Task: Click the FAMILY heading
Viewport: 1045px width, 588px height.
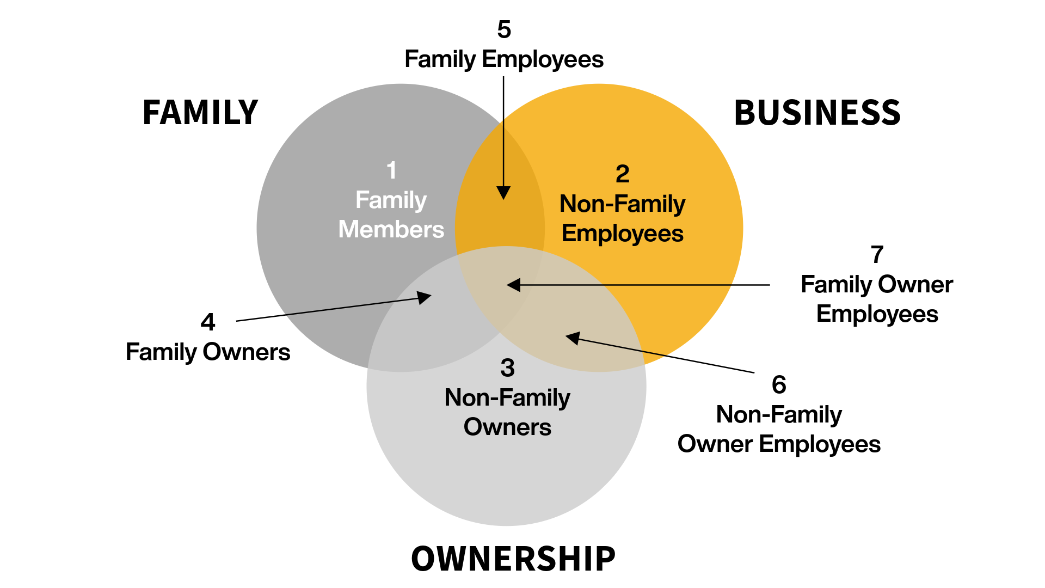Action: click(x=200, y=113)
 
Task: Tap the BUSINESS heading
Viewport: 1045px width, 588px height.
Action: click(x=817, y=113)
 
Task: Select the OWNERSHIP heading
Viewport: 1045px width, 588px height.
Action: click(x=513, y=559)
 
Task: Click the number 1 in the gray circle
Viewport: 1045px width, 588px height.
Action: click(x=391, y=170)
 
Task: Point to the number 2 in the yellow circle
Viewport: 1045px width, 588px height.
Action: click(x=622, y=174)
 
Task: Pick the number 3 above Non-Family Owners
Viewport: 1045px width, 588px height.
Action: click(x=507, y=369)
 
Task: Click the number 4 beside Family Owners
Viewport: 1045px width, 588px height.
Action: click(x=208, y=322)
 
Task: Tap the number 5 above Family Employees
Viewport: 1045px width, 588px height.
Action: click(x=504, y=29)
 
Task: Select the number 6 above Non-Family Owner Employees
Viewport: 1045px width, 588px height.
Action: click(x=779, y=385)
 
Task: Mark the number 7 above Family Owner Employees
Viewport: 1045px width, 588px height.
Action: click(x=877, y=255)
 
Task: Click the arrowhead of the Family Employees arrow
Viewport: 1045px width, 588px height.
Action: click(x=503, y=193)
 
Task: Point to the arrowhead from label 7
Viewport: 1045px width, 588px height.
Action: click(x=513, y=285)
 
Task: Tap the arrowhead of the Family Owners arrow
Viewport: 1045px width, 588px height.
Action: click(x=425, y=297)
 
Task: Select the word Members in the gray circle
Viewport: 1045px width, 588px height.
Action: click(x=391, y=229)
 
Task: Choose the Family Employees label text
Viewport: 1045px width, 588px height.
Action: click(x=504, y=59)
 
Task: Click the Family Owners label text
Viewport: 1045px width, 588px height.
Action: click(x=208, y=352)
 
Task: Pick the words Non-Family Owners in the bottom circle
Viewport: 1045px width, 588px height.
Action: click(x=507, y=412)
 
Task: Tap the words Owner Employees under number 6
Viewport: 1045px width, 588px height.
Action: click(x=779, y=444)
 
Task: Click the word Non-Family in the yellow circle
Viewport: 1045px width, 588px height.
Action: click(x=622, y=204)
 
